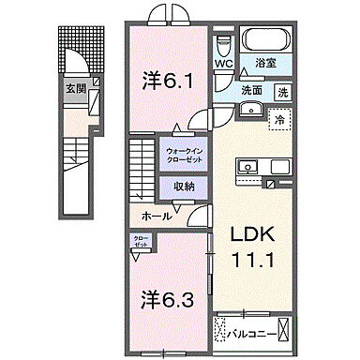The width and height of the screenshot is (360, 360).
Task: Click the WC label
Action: pos(222,65)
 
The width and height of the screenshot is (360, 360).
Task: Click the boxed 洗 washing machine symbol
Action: pos(283,92)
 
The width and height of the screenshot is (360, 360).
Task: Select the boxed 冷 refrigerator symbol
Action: pos(278,119)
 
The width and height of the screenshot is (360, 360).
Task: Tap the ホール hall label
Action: pos(156,216)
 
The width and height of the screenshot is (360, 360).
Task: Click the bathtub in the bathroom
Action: pos(267,39)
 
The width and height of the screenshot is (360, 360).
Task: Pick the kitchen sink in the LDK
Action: pos(250,167)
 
